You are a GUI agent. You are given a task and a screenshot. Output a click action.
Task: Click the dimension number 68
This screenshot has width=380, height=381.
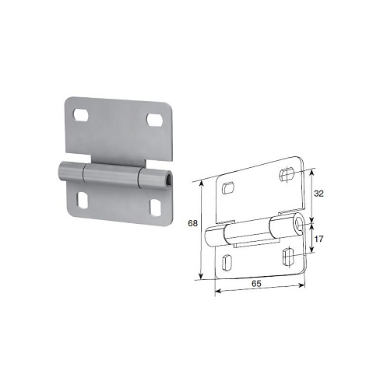coord(192,223)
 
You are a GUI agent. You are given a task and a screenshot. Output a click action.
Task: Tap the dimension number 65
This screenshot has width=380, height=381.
coord(256,284)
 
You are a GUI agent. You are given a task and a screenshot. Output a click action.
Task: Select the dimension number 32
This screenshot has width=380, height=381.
coord(318,194)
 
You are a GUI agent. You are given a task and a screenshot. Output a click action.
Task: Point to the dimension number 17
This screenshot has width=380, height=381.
coord(318,239)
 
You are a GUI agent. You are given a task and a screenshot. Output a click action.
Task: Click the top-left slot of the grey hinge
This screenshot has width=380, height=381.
coord(81,115)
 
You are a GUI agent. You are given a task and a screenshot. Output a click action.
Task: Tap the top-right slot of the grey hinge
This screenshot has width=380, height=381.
coord(155,120)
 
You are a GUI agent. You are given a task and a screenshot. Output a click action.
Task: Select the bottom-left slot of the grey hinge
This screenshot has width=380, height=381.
coord(83,201)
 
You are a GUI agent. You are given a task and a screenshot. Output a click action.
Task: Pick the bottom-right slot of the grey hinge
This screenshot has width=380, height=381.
coord(156,208)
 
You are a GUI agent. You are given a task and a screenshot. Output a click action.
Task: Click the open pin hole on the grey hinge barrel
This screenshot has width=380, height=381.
coord(170,180)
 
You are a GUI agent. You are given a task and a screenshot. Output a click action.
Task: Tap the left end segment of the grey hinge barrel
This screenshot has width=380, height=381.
coord(71,171)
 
